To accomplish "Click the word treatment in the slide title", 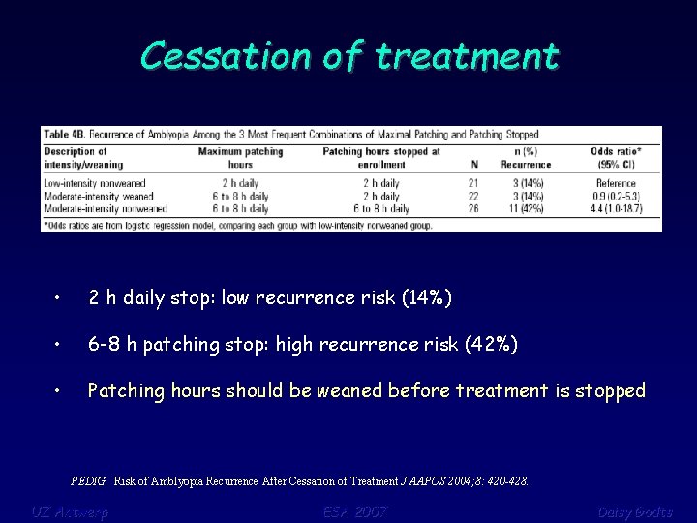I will pyautogui.click(x=467, y=55).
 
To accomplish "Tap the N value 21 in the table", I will pyautogui.click(x=472, y=182).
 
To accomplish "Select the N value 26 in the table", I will pyautogui.click(x=472, y=207).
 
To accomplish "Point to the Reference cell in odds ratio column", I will pyautogui.click(x=616, y=182).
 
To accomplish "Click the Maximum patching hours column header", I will pyautogui.click(x=240, y=157).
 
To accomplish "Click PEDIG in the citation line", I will pyautogui.click(x=90, y=480).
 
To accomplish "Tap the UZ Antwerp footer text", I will pyautogui.click(x=69, y=511).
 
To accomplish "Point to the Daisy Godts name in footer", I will pyautogui.click(x=634, y=511).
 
